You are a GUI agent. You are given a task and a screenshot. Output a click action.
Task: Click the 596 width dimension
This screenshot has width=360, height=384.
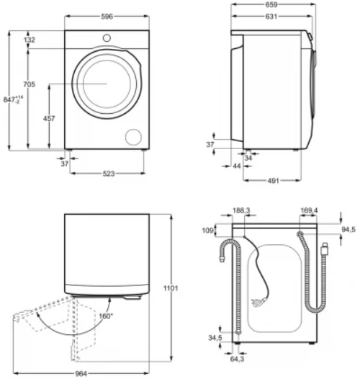click(x=107, y=17)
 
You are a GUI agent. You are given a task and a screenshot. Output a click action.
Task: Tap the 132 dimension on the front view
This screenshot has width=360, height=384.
click(x=30, y=40)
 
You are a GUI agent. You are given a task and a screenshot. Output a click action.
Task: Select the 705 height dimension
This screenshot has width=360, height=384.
click(x=30, y=84)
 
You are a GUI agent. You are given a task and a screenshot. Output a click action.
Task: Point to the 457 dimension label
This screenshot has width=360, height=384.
click(x=49, y=119)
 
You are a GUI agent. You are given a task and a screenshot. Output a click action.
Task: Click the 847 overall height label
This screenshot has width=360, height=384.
click(x=13, y=99)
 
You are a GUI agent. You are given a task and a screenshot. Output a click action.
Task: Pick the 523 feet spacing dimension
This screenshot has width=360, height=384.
click(x=109, y=174)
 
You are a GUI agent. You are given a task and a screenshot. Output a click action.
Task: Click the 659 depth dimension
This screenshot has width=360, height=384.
click(x=271, y=4)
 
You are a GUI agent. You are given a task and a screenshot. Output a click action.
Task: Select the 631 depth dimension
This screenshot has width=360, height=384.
click(x=271, y=17)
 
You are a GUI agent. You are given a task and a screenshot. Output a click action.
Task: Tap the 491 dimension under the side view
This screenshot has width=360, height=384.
click(x=273, y=181)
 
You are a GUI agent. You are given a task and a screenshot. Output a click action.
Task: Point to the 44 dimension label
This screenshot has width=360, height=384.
click(x=237, y=166)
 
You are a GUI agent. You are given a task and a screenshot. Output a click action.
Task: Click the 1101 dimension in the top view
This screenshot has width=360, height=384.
click(x=171, y=288)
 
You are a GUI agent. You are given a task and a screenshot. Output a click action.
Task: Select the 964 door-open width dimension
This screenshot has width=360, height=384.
click(x=81, y=374)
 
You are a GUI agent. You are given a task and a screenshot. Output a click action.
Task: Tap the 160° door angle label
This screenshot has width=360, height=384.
click(x=106, y=316)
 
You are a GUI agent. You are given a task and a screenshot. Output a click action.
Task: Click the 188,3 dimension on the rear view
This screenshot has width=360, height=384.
click(x=241, y=210)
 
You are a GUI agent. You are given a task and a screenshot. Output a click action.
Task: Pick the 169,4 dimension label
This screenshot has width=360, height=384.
click(x=309, y=210)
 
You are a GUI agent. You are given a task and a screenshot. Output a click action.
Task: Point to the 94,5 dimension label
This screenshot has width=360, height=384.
click(x=348, y=230)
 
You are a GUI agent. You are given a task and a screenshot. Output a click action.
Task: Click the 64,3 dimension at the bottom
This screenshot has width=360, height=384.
click(x=237, y=359)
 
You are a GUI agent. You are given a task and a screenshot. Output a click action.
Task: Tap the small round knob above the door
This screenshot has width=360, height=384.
click(x=107, y=38)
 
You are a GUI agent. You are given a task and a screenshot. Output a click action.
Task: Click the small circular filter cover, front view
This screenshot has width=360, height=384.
click(x=133, y=137)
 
